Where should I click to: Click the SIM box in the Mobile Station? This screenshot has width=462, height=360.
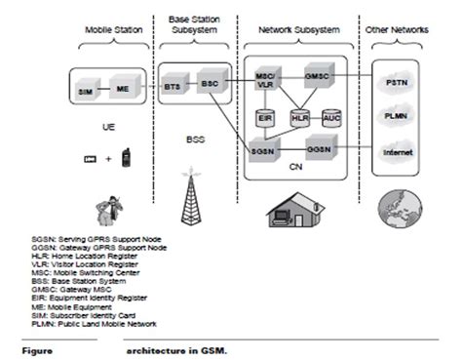tap(84, 91)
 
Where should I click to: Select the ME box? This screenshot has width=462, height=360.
tap(121, 89)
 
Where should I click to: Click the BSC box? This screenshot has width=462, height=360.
tap(211, 82)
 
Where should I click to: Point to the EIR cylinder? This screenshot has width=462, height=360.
tap(263, 118)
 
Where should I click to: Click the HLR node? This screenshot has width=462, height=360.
tap(298, 118)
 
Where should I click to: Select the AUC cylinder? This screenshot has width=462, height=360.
tap(331, 118)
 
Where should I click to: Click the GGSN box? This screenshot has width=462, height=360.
tap(318, 151)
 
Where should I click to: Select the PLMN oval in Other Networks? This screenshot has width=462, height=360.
tap(395, 118)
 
